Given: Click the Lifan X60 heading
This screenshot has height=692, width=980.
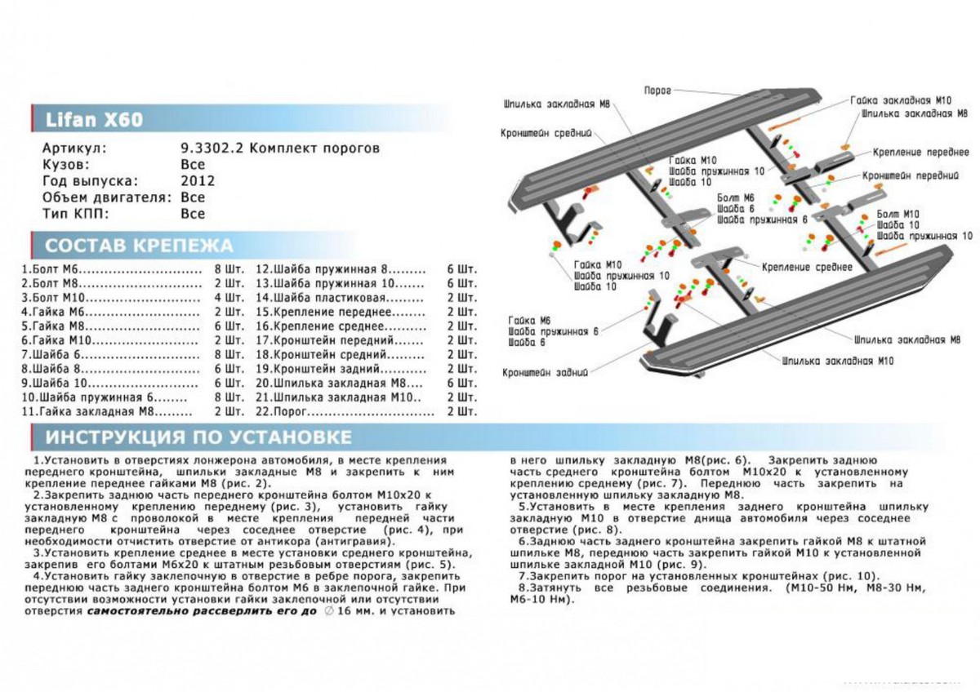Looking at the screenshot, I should pyautogui.click(x=88, y=120).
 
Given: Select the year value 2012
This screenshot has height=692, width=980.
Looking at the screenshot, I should pyautogui.click(x=197, y=181).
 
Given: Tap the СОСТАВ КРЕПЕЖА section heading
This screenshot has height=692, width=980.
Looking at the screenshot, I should pyautogui.click(x=139, y=246).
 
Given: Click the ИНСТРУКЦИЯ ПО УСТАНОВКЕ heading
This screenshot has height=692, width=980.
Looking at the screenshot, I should pyautogui.click(x=199, y=437).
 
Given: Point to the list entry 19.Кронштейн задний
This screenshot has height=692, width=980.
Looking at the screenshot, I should pyautogui.click(x=322, y=368).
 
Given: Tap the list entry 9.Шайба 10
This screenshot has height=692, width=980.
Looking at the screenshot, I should pyautogui.click(x=52, y=382).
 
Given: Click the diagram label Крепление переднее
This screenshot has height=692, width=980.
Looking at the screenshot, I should pyautogui.click(x=920, y=153).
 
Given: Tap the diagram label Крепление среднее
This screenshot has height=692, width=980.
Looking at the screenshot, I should pyautogui.click(x=807, y=267).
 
